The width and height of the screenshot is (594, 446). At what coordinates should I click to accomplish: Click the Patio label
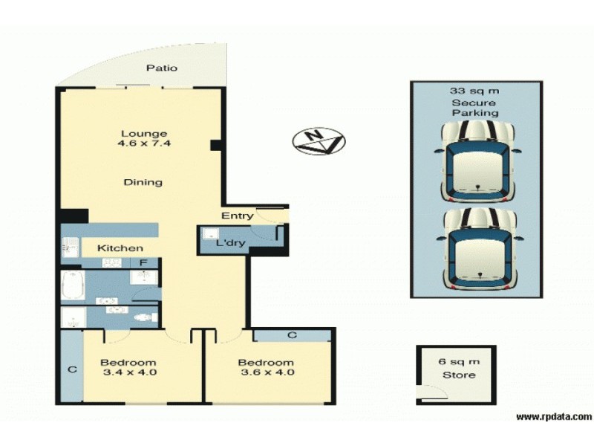point(161,68)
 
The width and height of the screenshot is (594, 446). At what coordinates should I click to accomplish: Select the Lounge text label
point(144,134)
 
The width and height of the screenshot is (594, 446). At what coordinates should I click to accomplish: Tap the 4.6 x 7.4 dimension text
point(144,144)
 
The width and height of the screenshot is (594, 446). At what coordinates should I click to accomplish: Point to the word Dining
point(143,182)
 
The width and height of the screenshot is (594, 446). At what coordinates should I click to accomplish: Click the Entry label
point(238,216)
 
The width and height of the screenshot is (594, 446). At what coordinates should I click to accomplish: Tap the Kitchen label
point(120,248)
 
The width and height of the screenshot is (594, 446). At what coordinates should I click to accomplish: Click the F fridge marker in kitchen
point(142,262)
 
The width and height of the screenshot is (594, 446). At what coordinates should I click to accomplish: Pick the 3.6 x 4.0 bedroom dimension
point(266,372)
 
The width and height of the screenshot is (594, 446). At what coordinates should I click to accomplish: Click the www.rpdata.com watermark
point(553,416)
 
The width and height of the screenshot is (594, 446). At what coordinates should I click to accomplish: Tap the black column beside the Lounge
point(215,145)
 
